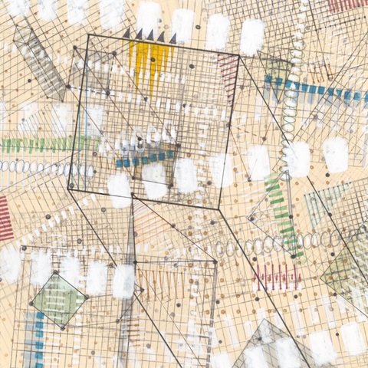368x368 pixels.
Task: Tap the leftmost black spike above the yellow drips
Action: tap(139, 34)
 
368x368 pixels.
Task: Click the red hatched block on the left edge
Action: tap(5, 219)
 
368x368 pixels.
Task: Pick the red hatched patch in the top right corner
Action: tap(345, 6)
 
